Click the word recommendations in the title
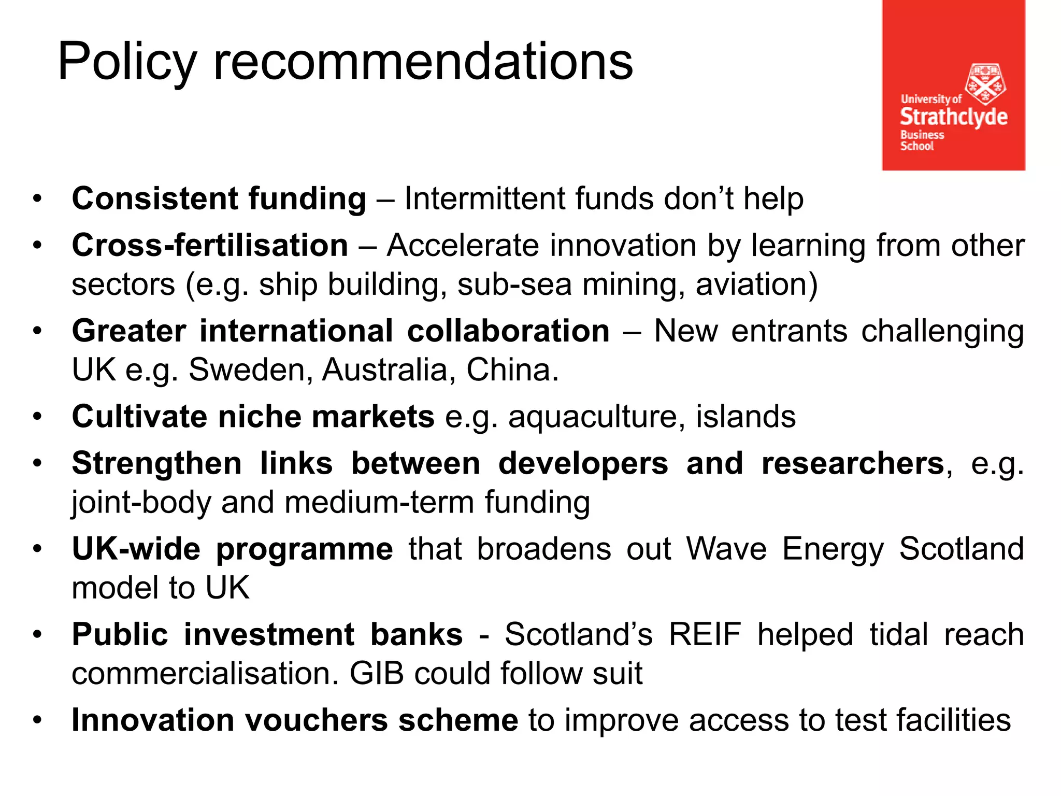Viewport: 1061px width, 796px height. click(423, 62)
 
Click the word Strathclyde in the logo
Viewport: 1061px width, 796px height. click(953, 117)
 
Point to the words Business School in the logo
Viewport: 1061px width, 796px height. click(922, 140)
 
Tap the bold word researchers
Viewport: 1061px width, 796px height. click(853, 463)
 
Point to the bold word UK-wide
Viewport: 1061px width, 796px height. click(136, 549)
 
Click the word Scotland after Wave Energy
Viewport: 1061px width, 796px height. click(962, 549)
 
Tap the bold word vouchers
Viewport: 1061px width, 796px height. click(316, 720)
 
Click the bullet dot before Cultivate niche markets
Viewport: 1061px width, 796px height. click(37, 417)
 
